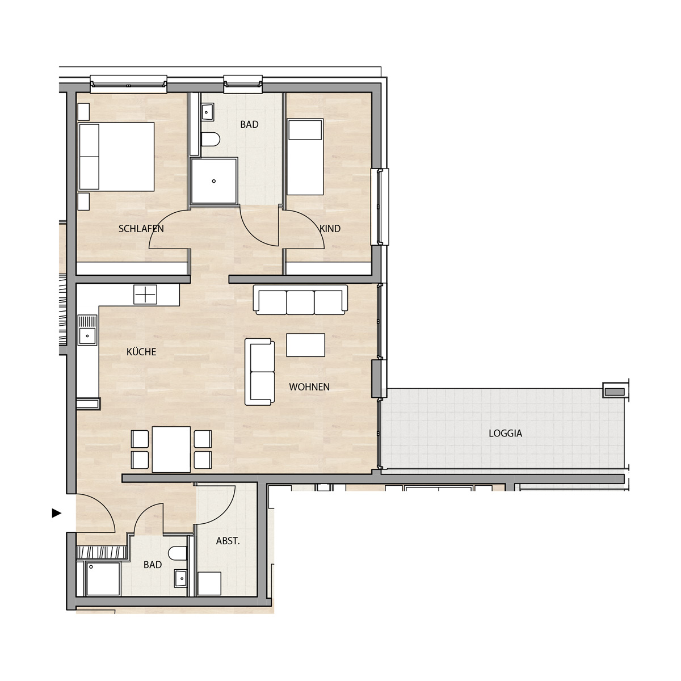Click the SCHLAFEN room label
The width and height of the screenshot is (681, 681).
point(141,229)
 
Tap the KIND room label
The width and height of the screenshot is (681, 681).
point(330,229)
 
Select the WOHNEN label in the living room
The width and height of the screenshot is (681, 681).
point(309,387)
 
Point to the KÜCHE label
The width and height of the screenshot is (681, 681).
point(141,352)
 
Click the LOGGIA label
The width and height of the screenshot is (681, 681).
point(506,433)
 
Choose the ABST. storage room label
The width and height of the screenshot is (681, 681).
point(228,541)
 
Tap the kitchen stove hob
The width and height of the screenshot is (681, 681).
point(145,295)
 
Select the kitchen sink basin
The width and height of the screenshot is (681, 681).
point(87,336)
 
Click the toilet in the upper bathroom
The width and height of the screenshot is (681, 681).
point(211,140)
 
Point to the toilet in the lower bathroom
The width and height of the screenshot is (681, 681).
point(178,553)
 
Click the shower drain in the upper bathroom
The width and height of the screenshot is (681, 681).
point(214,181)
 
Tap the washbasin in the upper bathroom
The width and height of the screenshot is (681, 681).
point(208,112)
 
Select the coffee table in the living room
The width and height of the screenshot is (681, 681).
point(306,345)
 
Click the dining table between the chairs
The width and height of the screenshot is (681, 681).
point(171,449)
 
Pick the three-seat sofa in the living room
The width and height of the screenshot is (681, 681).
point(300,300)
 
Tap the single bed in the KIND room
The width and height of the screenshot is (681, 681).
point(305,157)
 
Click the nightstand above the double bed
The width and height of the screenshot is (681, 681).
point(83,112)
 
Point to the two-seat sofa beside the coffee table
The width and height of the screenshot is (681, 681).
point(260,372)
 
